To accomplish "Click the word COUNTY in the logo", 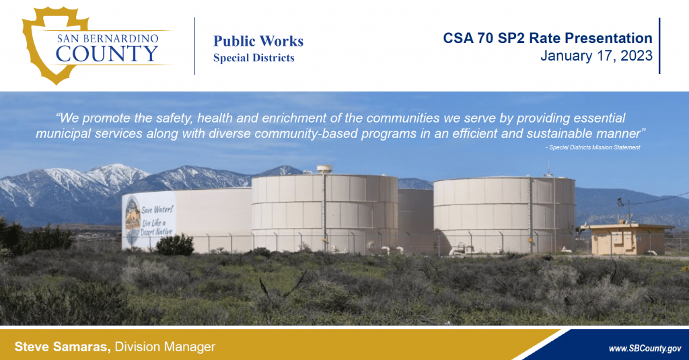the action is point(107,54).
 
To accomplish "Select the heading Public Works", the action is point(258,41).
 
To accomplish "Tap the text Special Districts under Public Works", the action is point(254,58).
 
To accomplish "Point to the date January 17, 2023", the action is point(596,56).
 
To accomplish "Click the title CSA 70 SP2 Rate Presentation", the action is point(548,38).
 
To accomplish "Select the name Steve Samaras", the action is point(63,347).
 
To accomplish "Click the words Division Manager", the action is point(166,347).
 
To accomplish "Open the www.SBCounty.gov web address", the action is point(645,349).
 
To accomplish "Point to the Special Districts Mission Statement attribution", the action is point(593,147).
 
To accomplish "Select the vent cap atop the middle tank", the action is point(324,169).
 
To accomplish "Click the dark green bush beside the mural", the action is point(175,245).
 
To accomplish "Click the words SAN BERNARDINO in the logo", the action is point(108,38).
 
